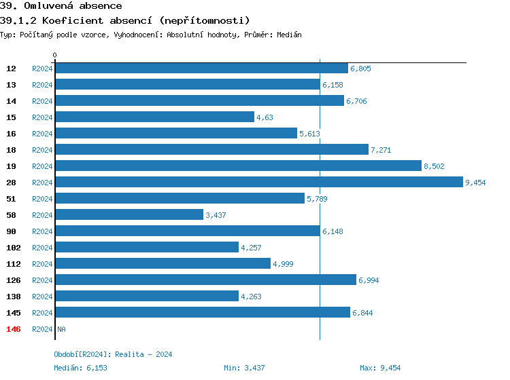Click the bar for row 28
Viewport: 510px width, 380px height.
[258, 183]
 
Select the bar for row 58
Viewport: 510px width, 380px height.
[129, 215]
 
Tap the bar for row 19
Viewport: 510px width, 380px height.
[238, 166]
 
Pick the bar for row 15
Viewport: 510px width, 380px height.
[154, 117]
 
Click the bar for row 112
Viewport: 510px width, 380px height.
[163, 264]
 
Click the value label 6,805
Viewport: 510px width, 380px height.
[360, 69]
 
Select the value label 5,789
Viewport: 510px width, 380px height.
[318, 199]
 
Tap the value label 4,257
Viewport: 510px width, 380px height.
[252, 248]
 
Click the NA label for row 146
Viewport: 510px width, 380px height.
[61, 329]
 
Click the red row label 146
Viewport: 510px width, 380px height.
[13, 329]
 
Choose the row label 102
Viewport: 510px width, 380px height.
[13, 248]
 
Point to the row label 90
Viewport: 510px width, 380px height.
[11, 231]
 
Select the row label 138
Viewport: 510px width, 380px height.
[13, 297]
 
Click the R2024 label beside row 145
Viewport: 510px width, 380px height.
[42, 313]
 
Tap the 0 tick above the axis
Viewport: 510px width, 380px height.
[55, 55]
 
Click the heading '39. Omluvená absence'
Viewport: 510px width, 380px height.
[61, 6]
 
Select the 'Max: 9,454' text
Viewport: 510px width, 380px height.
[380, 368]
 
